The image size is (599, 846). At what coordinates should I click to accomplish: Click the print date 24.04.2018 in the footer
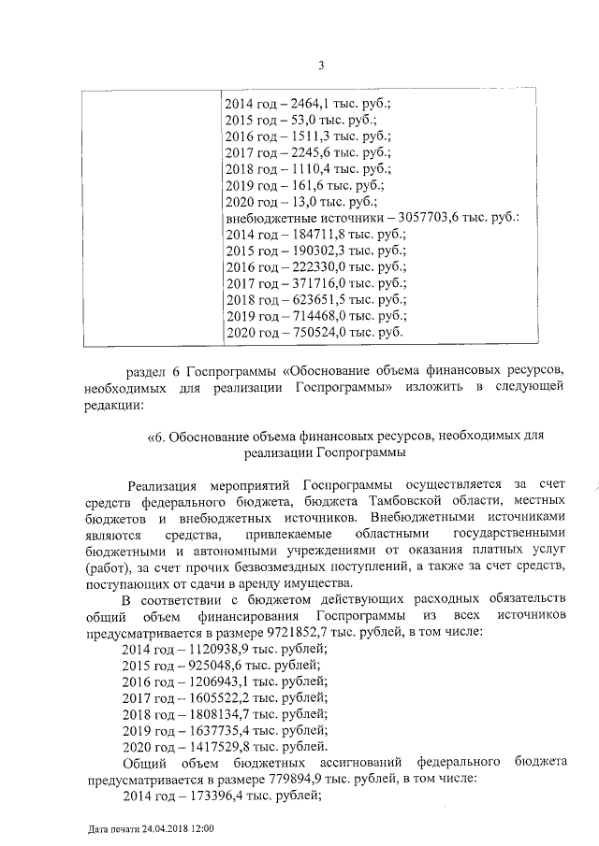click(165, 829)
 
